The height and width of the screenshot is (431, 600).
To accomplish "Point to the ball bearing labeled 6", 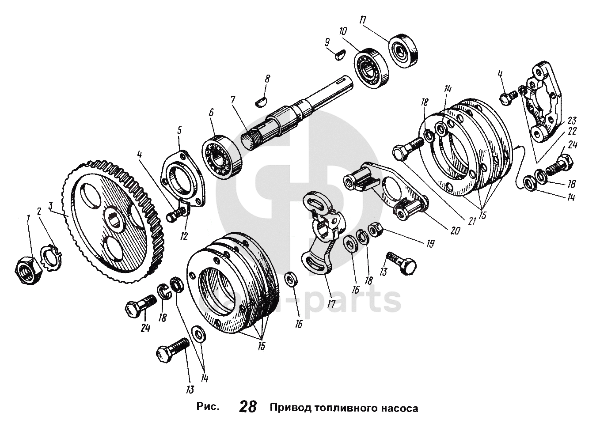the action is pyautogui.click(x=222, y=155).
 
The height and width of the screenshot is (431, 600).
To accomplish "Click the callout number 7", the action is pyautogui.click(x=233, y=100).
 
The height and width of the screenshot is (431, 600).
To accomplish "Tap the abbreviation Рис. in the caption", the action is pyautogui.click(x=208, y=407).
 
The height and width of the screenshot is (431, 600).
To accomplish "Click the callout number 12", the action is pyautogui.click(x=184, y=236).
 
